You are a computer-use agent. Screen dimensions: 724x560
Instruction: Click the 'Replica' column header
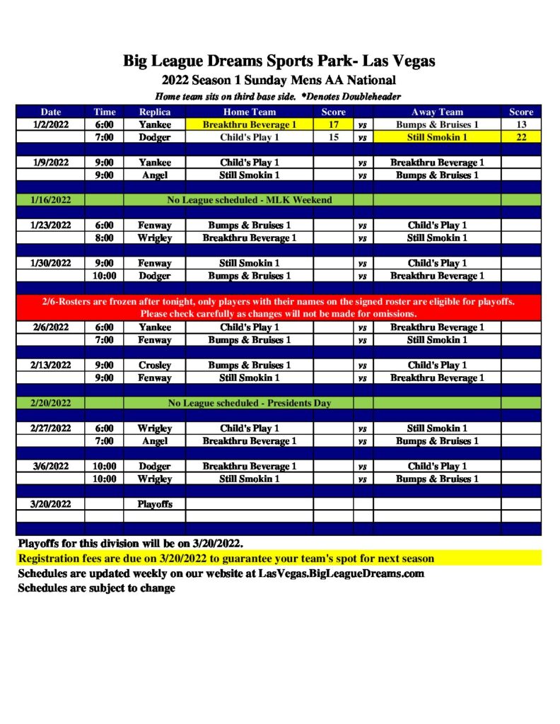coord(154,112)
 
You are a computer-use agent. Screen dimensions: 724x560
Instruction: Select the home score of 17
coord(334,124)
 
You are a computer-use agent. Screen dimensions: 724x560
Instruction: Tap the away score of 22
coord(521,137)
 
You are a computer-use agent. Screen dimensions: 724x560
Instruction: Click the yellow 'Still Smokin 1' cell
coord(437,137)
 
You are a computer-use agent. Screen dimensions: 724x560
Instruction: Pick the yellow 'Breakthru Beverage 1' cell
coord(250,124)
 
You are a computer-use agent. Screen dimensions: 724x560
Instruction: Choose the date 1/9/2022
coord(51,163)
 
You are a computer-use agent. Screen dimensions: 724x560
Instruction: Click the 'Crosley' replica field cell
coord(154,366)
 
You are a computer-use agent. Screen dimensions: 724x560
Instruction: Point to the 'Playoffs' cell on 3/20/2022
coord(154,504)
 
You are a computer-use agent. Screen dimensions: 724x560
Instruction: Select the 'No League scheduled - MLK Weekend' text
coord(250,200)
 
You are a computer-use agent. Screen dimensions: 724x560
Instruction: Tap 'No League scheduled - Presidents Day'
coord(250,403)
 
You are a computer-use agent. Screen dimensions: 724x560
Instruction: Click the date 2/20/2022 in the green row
coord(51,403)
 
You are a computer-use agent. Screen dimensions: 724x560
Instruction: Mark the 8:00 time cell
coord(105,238)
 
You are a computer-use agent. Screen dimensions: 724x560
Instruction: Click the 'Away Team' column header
coord(437,112)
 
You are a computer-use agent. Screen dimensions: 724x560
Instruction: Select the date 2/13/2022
coord(51,366)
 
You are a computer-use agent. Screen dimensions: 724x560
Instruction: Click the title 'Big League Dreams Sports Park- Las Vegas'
coord(279,61)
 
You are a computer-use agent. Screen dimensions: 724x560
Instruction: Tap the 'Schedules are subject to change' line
coord(96,588)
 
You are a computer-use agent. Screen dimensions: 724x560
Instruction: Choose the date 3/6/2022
coord(51,467)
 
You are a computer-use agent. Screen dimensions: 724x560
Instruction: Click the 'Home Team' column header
coord(250,112)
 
